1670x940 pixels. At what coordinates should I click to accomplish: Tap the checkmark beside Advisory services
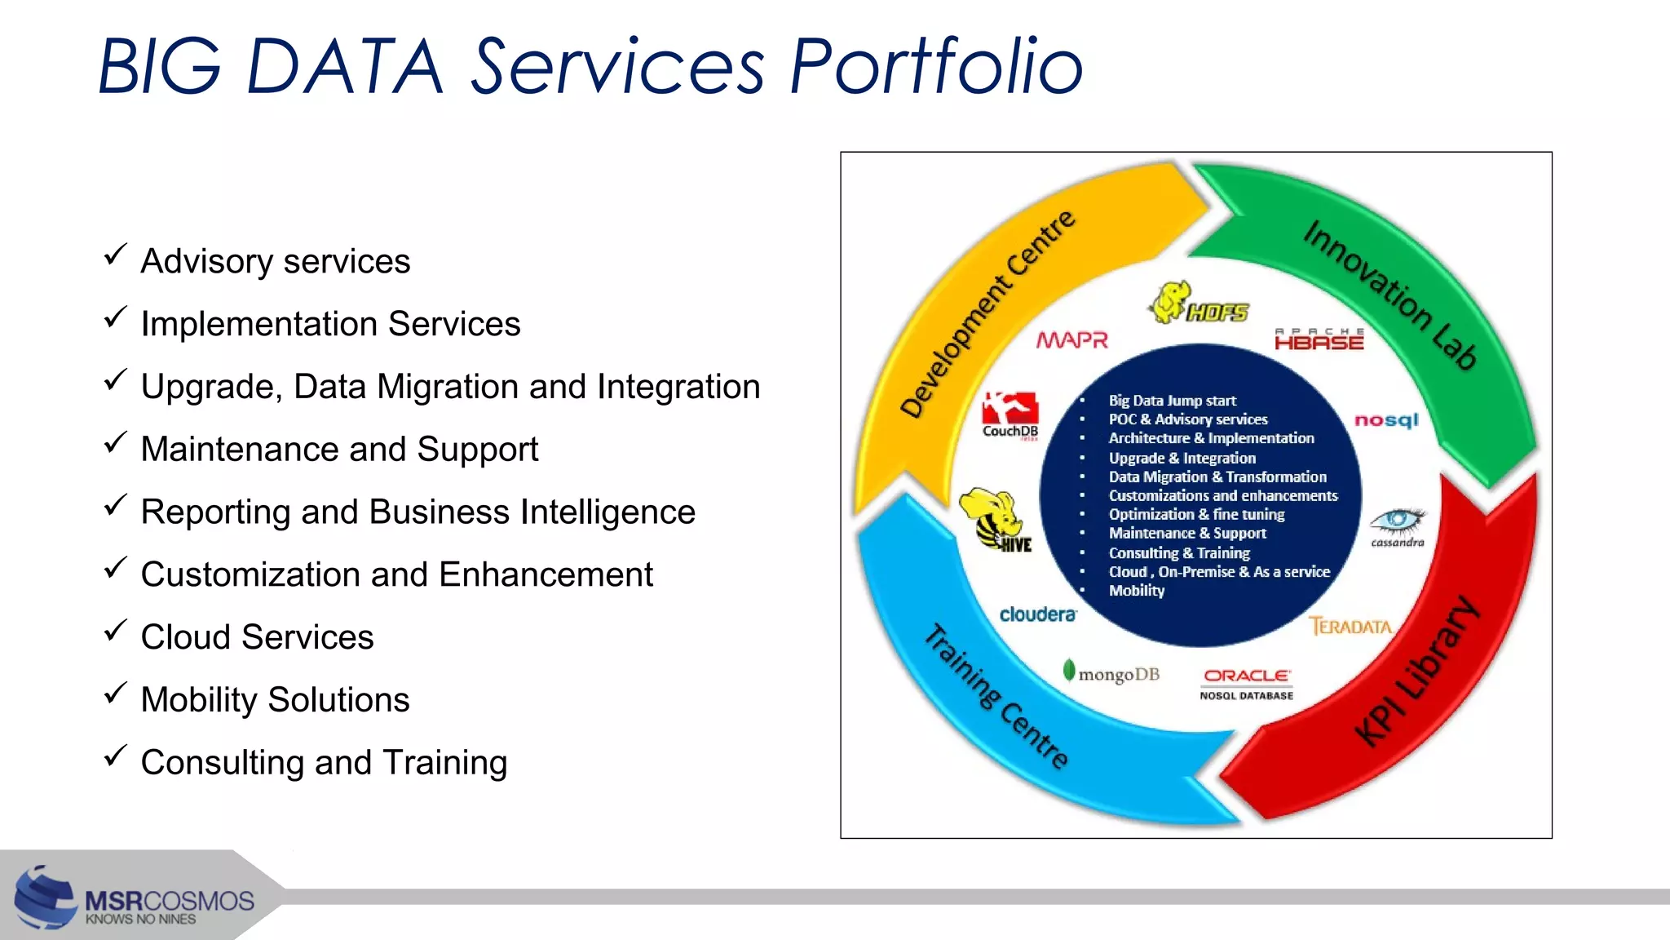coord(115,255)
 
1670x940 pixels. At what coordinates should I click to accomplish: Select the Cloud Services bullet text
coord(257,637)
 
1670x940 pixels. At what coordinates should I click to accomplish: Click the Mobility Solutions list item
coord(275,700)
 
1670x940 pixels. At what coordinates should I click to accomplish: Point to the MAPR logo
coord(1071,340)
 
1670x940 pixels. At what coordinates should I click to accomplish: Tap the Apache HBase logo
coord(1319,339)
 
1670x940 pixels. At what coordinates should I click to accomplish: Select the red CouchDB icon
coord(1010,407)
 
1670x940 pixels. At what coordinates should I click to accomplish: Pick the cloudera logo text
coord(1037,614)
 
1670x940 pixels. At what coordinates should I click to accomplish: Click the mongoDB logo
coord(1111,674)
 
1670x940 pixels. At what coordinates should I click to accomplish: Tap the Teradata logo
coord(1350,627)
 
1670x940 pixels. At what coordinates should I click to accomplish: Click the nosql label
coord(1386,420)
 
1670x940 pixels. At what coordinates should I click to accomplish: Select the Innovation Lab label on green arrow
coord(1389,295)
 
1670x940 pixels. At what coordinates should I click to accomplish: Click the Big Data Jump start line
coord(1172,401)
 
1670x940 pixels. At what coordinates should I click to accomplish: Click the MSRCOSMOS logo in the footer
coord(135,902)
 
